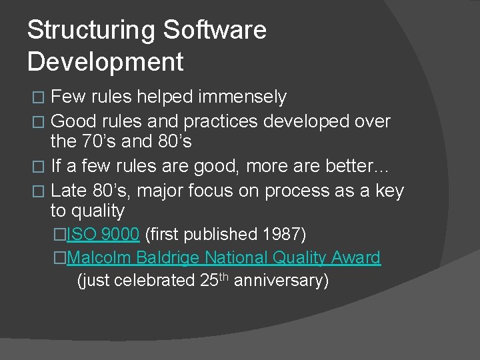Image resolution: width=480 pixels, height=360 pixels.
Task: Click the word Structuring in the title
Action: point(91,31)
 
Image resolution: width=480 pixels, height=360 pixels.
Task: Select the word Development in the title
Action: point(105,62)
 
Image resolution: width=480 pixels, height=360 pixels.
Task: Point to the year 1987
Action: point(283,234)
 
